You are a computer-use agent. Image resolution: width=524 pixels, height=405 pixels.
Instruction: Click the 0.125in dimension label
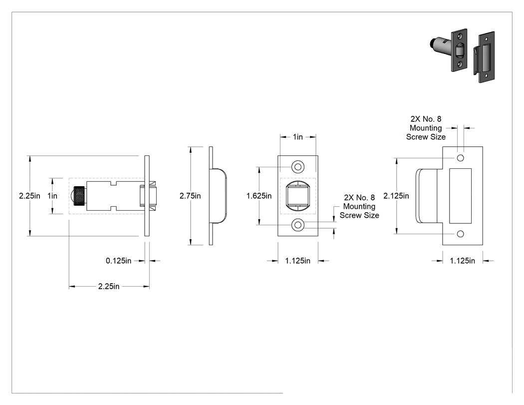(x=119, y=261)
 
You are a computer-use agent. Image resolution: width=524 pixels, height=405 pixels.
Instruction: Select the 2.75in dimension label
(x=190, y=196)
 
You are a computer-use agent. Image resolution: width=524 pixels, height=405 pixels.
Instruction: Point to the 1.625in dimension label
(x=259, y=196)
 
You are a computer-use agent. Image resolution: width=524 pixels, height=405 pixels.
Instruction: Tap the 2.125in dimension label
(x=396, y=196)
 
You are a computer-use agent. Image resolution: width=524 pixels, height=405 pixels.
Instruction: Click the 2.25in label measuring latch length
(x=109, y=286)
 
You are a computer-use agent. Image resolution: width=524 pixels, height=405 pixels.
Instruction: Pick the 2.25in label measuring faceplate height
(x=29, y=196)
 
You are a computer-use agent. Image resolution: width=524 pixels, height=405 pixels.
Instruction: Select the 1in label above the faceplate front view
(x=298, y=137)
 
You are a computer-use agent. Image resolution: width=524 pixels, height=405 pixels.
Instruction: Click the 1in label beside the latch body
(x=52, y=196)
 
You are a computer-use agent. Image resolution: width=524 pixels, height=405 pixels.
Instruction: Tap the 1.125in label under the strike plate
(x=462, y=261)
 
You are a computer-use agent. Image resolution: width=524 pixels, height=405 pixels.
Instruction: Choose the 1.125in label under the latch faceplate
(x=297, y=261)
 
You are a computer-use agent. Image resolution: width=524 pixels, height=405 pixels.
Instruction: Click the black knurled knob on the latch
(x=79, y=196)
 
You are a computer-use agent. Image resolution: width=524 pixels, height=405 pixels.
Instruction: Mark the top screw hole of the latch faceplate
(x=298, y=167)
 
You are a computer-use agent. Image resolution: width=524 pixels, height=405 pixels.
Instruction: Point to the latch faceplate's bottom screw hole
(x=298, y=225)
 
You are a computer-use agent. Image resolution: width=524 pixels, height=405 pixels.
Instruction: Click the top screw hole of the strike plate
(x=461, y=158)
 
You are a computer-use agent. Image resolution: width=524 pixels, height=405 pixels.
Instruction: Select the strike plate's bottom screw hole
(x=461, y=234)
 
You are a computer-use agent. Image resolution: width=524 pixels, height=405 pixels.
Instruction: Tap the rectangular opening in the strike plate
(x=460, y=196)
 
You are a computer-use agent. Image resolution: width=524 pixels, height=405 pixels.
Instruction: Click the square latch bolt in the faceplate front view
(x=298, y=196)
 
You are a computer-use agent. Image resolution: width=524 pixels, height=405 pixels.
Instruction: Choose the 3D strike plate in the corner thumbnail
(x=484, y=57)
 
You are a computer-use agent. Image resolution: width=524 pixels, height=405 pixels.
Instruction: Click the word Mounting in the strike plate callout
(x=426, y=128)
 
